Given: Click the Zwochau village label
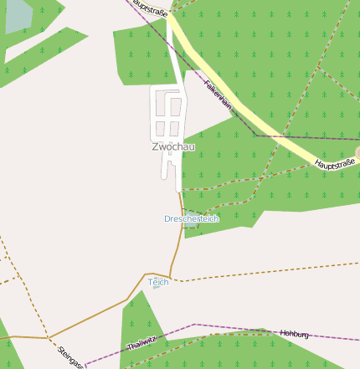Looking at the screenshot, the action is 173,147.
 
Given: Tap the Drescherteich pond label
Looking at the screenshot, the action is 191,218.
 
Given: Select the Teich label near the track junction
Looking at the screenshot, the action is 158,283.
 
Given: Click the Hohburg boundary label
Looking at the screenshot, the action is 294,334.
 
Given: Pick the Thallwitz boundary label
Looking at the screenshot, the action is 141,343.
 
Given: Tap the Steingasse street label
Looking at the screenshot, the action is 70,356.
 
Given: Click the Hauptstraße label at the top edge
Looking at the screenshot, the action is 150,8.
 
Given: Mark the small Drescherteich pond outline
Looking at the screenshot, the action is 192,215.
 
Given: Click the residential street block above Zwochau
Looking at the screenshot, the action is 168,113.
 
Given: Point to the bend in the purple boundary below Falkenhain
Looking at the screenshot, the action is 255,134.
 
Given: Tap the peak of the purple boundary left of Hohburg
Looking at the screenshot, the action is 194,324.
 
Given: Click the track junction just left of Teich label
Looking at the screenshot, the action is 146,274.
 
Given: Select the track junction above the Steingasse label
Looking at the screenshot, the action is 49,338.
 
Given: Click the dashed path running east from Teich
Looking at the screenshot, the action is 268,272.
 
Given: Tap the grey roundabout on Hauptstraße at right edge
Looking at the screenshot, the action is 357,152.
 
